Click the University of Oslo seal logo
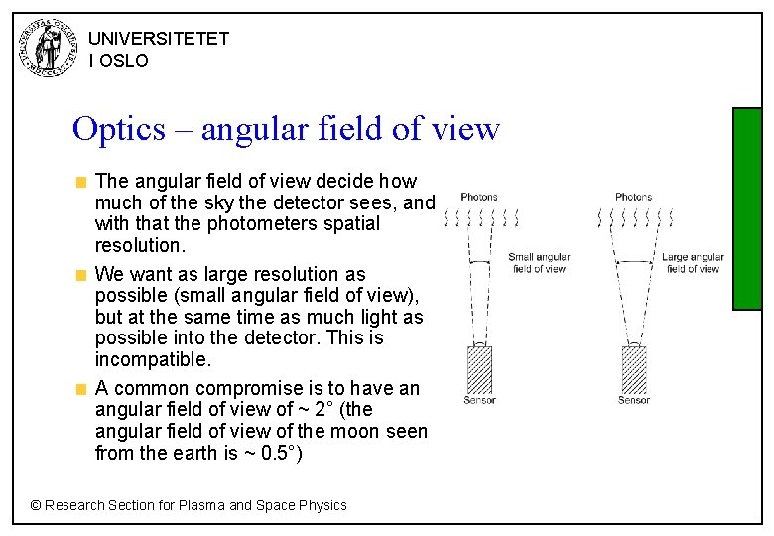tap(47, 48)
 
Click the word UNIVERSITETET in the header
tap(159, 39)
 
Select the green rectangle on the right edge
tap(746, 208)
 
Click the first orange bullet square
tap(83, 182)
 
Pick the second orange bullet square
tap(83, 275)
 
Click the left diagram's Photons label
tap(479, 197)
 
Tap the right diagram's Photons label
tap(633, 197)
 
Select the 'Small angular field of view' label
tap(539, 263)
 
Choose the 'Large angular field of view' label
tap(693, 263)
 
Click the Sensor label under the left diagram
tap(480, 401)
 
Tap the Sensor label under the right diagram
tap(634, 401)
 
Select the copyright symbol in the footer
tap(36, 505)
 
